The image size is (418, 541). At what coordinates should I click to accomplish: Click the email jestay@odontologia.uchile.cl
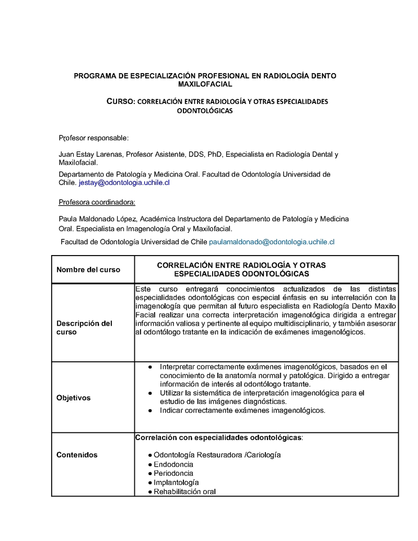(124, 183)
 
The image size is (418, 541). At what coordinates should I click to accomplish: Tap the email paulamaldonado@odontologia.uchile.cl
(271, 242)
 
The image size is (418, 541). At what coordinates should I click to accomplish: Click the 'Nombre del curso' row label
(88, 270)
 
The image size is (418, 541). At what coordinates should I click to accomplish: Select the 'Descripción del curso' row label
(84, 328)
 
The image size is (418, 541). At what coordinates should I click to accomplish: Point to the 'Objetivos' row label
(73, 398)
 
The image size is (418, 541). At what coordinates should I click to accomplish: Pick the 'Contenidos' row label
(77, 455)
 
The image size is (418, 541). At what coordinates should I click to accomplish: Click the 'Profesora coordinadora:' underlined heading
(97, 202)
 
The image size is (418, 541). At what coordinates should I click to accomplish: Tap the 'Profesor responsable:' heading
(94, 138)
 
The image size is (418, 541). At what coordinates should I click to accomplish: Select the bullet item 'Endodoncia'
(173, 464)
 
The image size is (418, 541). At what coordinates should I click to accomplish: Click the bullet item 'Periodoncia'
(173, 473)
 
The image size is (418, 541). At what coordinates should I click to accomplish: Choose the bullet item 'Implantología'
(176, 482)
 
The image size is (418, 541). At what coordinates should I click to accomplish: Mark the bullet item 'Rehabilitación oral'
(184, 492)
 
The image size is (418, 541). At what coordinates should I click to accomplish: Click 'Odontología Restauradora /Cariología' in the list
(217, 455)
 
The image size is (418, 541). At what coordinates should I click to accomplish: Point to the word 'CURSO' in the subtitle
(121, 101)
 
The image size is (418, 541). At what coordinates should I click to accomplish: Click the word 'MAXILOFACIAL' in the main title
(205, 84)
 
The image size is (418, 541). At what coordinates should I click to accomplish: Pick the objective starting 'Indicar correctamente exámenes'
(242, 410)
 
